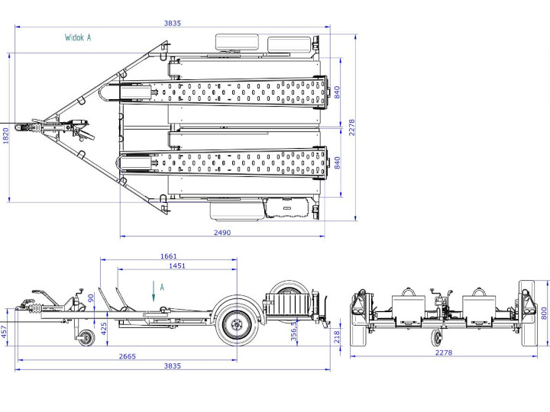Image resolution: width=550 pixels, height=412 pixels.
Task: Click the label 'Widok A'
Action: coord(78,37)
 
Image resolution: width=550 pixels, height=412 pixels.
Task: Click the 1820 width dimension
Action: coord(6,135)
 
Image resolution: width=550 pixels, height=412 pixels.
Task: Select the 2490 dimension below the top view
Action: coord(222,233)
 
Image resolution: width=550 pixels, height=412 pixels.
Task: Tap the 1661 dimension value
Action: coord(169,256)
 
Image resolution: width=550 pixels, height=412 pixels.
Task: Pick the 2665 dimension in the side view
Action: coord(128,356)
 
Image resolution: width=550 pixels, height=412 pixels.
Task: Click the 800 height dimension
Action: coord(544,312)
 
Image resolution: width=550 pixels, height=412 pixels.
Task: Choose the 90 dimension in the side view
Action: coord(90,298)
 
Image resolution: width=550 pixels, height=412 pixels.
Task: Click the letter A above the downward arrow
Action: coord(161,286)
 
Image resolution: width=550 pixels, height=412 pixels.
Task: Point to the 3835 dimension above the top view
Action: coord(173,23)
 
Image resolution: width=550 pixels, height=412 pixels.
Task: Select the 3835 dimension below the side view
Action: coord(173,366)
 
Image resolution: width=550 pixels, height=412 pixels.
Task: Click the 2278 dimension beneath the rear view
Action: coord(443,352)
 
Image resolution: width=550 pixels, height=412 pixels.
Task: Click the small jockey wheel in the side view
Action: coord(84,337)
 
